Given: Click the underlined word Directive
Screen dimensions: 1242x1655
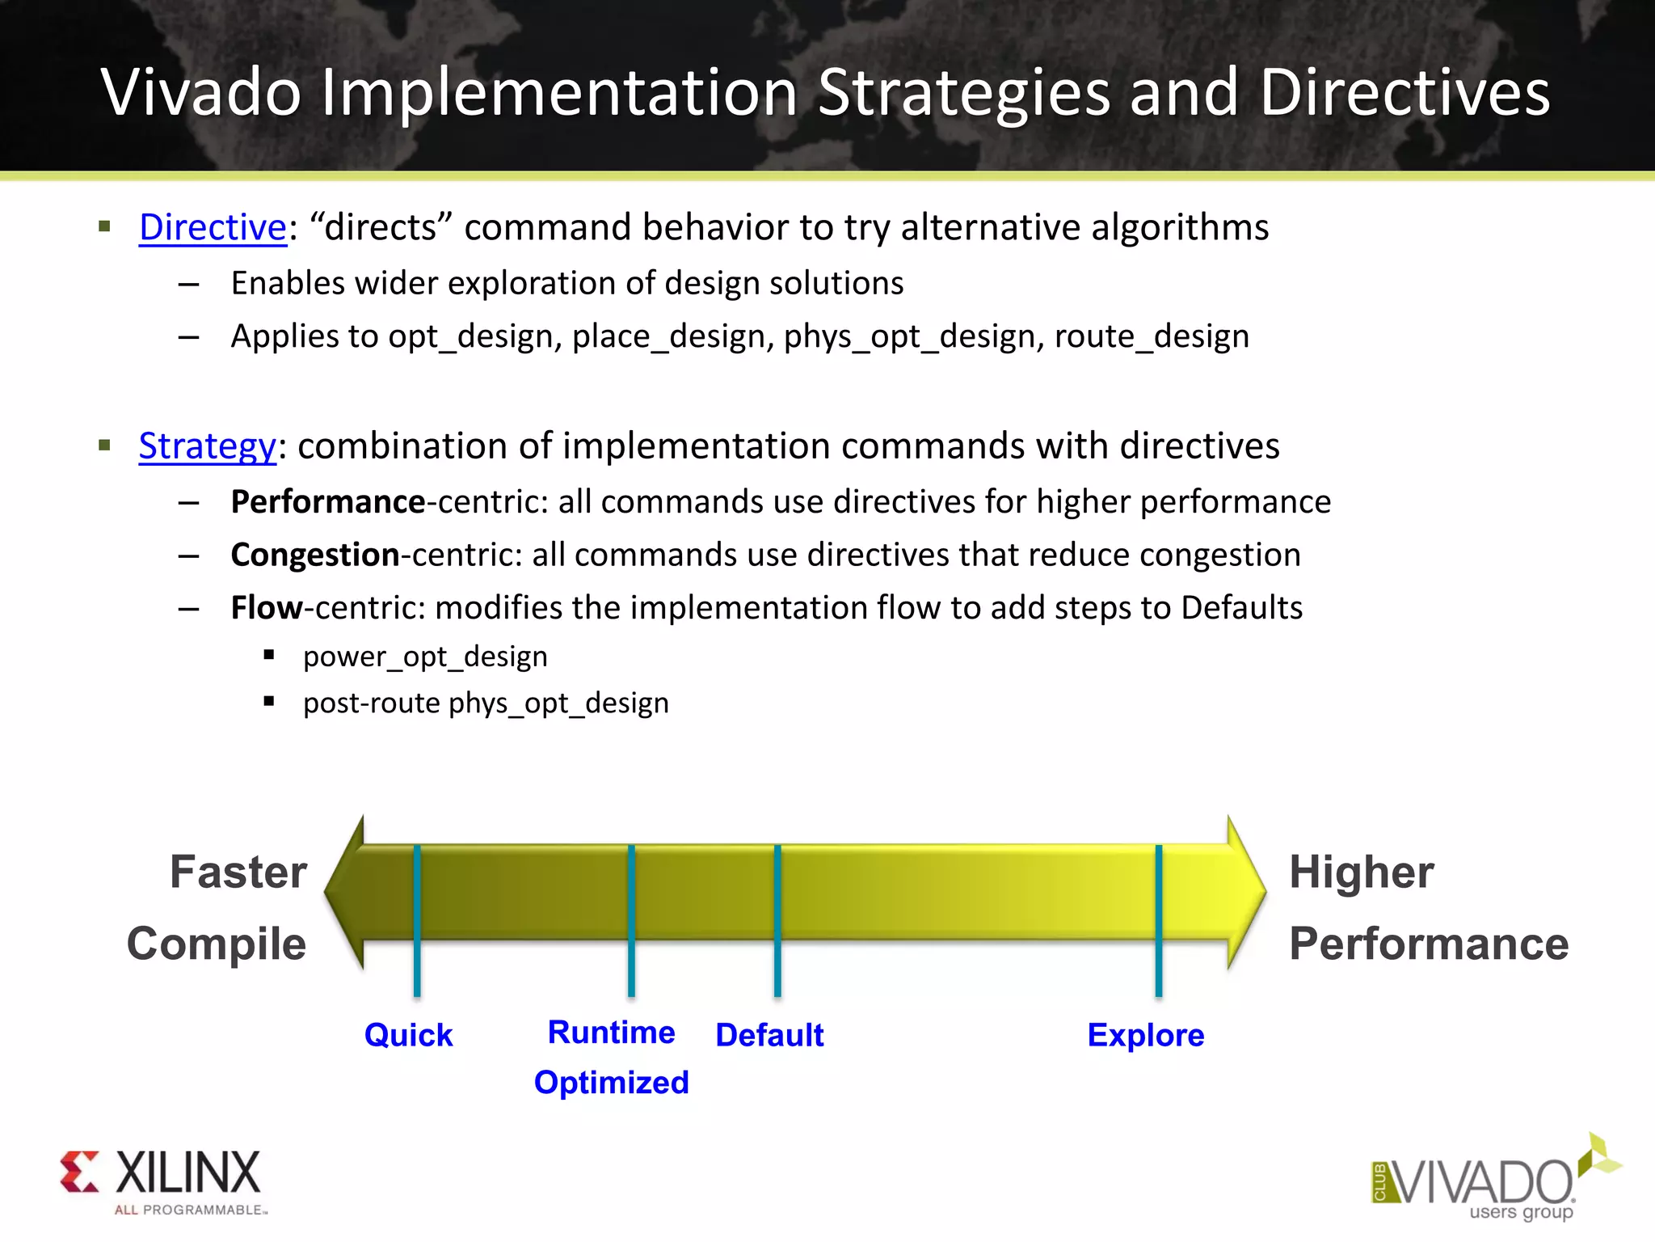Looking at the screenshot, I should point(213,227).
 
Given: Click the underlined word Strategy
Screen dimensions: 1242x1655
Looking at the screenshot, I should point(207,446).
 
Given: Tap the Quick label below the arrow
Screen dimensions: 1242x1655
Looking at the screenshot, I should point(408,1035).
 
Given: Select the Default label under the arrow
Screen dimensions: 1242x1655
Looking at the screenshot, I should point(769,1035).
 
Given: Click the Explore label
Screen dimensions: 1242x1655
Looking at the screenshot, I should point(1145,1035).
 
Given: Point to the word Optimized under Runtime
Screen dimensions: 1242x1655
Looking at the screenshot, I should point(611,1083).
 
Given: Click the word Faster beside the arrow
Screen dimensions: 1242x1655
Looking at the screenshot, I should point(238,872).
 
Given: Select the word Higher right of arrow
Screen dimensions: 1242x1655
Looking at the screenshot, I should point(1362,872).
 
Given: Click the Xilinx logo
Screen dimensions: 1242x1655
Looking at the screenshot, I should point(162,1181).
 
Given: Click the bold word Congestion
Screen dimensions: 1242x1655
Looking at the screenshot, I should point(315,555).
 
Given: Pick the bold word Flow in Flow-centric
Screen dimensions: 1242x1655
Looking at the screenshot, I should point(267,607).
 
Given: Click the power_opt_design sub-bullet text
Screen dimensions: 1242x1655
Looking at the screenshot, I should point(425,657).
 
